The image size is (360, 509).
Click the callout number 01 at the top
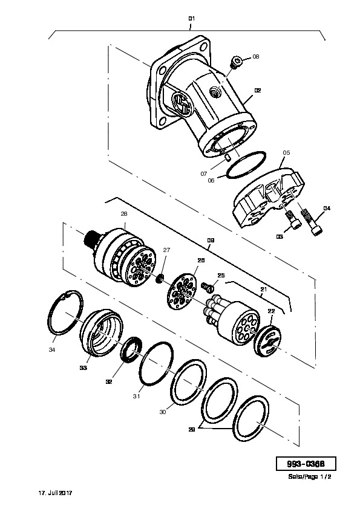pyautogui.click(x=191, y=19)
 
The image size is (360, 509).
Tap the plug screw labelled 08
pyautogui.click(x=235, y=62)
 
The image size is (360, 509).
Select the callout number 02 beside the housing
pyautogui.click(x=258, y=91)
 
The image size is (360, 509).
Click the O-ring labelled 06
pyautogui.click(x=246, y=164)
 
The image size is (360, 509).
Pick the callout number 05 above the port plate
pyautogui.click(x=286, y=152)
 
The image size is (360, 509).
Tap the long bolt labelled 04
pyautogui.click(x=311, y=222)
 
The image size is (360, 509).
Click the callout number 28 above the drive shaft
pyautogui.click(x=124, y=214)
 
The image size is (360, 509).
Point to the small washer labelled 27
pyautogui.click(x=160, y=278)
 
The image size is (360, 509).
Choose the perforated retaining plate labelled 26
pyautogui.click(x=182, y=291)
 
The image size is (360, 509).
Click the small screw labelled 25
pyautogui.click(x=208, y=286)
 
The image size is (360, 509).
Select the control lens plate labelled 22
pyautogui.click(x=267, y=340)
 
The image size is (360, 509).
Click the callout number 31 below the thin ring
pyautogui.click(x=137, y=396)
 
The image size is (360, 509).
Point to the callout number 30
pyautogui.click(x=163, y=412)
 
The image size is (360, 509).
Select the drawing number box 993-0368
pyautogui.click(x=306, y=464)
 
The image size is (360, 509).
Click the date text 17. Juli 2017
pyautogui.click(x=55, y=493)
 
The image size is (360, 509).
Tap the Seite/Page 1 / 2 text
pyautogui.click(x=310, y=477)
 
